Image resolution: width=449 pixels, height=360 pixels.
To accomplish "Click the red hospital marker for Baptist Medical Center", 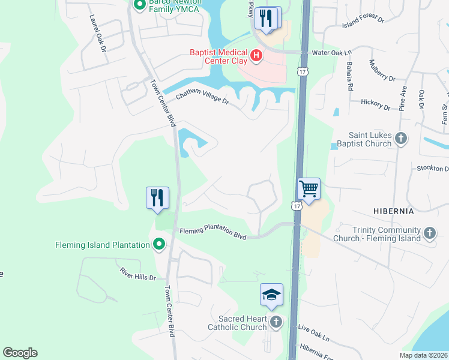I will tap(256, 56).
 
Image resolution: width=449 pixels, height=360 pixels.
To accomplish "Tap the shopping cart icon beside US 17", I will tap(309, 189).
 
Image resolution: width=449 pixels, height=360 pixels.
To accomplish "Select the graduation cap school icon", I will tap(271, 295).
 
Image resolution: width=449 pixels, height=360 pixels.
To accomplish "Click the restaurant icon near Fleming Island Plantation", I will tap(157, 197).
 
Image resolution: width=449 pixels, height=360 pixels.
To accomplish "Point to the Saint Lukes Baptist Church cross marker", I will tap(402, 139).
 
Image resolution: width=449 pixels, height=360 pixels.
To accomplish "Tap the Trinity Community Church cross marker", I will tap(429, 232).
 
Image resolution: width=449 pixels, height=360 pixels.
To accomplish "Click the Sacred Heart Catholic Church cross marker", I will tap(276, 322).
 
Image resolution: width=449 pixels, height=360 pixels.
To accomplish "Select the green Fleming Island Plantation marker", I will tap(159, 244).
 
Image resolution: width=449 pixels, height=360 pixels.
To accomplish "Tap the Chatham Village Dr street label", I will tap(202, 98).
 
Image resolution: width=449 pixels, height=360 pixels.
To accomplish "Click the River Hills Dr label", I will tap(137, 275).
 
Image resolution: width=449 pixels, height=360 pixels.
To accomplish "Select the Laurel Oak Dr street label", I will tap(98, 32).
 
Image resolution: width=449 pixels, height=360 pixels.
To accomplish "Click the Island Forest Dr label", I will tap(363, 20).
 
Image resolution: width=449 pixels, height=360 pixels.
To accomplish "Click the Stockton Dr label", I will tap(432, 169).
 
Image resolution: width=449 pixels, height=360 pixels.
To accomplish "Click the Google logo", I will tap(20, 353).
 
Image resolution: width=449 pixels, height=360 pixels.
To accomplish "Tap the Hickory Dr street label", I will tap(376, 104).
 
